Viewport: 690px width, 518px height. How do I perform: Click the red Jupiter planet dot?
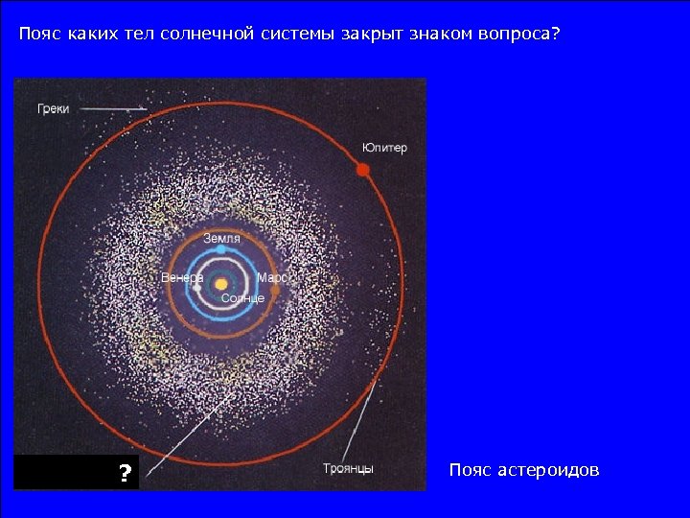click(363, 170)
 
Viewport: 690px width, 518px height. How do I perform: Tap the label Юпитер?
click(384, 148)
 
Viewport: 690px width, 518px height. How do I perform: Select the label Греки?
click(53, 109)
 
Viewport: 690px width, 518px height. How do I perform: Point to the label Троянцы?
click(348, 469)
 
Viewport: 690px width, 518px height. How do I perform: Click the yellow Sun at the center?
click(221, 284)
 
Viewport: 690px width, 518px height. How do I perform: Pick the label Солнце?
click(242, 299)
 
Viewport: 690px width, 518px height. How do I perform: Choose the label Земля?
click(221, 237)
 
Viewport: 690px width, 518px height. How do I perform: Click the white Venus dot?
click(197, 286)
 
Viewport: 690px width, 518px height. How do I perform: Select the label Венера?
click(181, 278)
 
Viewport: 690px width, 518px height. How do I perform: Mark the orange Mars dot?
click(276, 289)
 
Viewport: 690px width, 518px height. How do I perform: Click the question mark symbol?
click(125, 474)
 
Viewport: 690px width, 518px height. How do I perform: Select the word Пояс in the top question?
click(39, 35)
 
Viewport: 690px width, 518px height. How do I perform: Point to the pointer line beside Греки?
click(113, 109)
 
